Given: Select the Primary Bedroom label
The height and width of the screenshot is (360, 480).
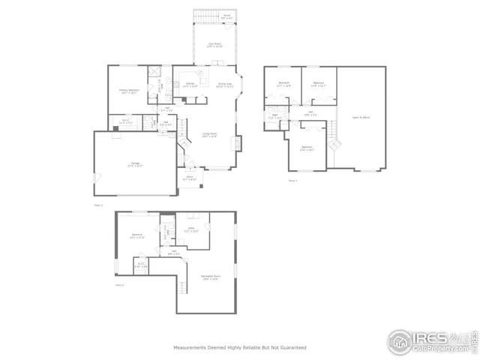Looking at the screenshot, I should pyautogui.click(x=128, y=91).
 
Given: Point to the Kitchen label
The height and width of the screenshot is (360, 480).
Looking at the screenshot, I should pyautogui.click(x=190, y=85).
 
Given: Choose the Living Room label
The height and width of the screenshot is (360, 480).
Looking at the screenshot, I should pyautogui.click(x=209, y=135).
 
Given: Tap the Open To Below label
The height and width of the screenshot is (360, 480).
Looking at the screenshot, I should pyautogui.click(x=361, y=118).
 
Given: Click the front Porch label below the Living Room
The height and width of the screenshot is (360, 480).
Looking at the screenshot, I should pyautogui.click(x=190, y=178).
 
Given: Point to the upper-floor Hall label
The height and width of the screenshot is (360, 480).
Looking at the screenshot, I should pyautogui.click(x=310, y=113).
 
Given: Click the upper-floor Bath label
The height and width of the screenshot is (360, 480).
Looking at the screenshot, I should pyautogui.click(x=275, y=116).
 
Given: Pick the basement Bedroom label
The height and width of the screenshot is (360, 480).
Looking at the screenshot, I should pyautogui.click(x=137, y=235).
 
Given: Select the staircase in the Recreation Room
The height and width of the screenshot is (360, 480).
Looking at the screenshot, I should pyautogui.click(x=181, y=287).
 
